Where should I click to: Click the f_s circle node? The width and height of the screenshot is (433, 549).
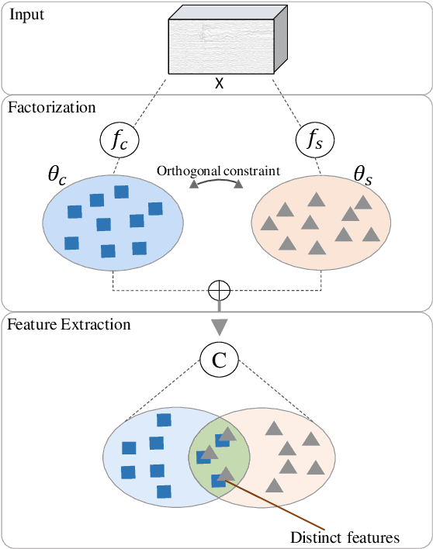click(312, 141)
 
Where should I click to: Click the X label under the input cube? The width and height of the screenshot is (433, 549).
click(220, 84)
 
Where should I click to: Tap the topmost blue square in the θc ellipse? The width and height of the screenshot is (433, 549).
click(121, 192)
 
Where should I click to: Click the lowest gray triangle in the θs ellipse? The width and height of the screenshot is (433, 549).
click(317, 247)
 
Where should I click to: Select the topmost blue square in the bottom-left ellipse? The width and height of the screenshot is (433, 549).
click(163, 420)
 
